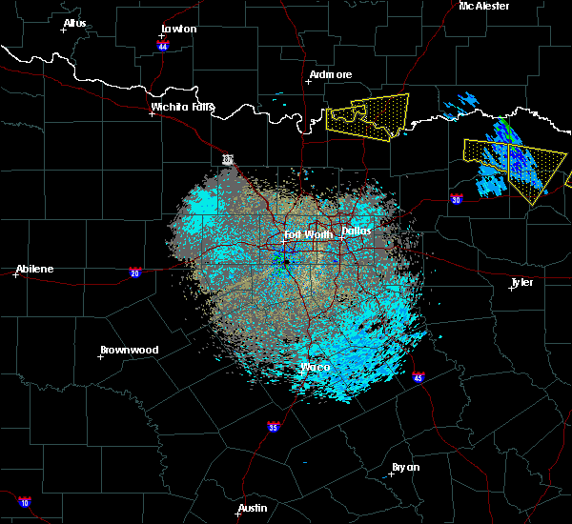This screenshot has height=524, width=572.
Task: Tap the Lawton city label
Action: tap(178, 29)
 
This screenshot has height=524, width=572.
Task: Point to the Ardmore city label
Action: tap(331, 74)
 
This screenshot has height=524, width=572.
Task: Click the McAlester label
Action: tap(484, 6)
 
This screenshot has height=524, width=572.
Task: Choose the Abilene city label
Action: tap(33, 269)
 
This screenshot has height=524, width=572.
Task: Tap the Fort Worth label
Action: tap(307, 234)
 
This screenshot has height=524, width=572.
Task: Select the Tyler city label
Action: tap(521, 283)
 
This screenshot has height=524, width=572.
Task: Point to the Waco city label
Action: tap(315, 367)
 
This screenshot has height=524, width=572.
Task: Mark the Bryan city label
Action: tap(405, 467)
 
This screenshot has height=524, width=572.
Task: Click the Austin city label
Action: tap(253, 508)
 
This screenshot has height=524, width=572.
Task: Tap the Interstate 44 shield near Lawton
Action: tap(162, 44)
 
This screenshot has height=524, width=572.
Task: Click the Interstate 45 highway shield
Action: tap(419, 378)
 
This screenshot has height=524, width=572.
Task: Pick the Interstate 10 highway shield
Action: tap(24, 502)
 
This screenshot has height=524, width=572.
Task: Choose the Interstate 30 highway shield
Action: tap(457, 199)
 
